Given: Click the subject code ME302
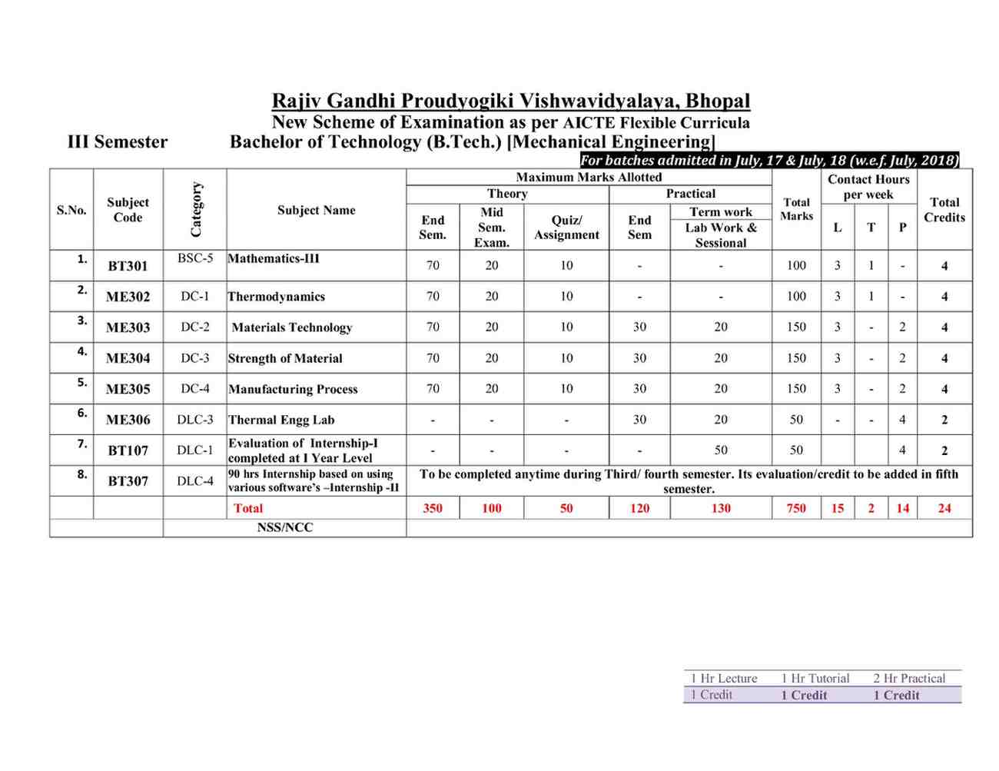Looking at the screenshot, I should pos(128,297).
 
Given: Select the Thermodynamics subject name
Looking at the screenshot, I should pos(277,297).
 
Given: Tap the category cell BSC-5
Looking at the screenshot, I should pos(195,258).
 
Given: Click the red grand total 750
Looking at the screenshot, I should pos(796,508).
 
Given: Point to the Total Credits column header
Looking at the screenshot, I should pos(944,210).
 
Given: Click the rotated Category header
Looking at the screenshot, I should pos(196,210).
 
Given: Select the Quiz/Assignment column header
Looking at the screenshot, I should pos(566,228).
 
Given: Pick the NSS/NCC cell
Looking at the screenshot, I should pos(285,527).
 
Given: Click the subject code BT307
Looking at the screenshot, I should pos(128,481).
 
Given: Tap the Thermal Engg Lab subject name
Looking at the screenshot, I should pos(281,420).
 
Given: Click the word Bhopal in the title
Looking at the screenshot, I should pos(718,101).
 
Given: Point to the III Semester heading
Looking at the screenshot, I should pos(118,142).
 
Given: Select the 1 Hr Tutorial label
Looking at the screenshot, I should pos(815,678).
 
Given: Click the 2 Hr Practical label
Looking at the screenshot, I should pos(909,678).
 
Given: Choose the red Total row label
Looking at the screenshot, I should pos(248,508).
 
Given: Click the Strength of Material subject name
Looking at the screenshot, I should pos(285,358).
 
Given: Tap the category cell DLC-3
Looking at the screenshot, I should pos(195,420).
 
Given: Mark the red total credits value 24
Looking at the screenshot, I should pos(944,508).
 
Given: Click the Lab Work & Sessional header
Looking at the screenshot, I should pos(721,235).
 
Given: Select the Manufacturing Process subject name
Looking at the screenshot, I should pos(293,389).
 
